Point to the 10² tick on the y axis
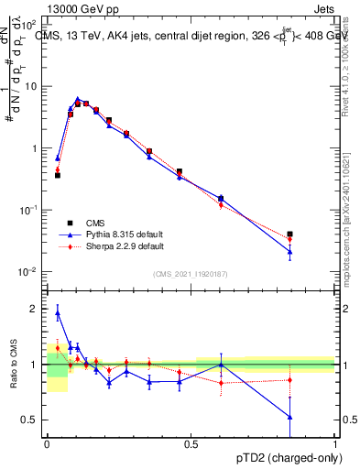[30, 24]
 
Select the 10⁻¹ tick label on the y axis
[30, 210]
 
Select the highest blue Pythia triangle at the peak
[78, 99]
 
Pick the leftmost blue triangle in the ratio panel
[58, 313]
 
